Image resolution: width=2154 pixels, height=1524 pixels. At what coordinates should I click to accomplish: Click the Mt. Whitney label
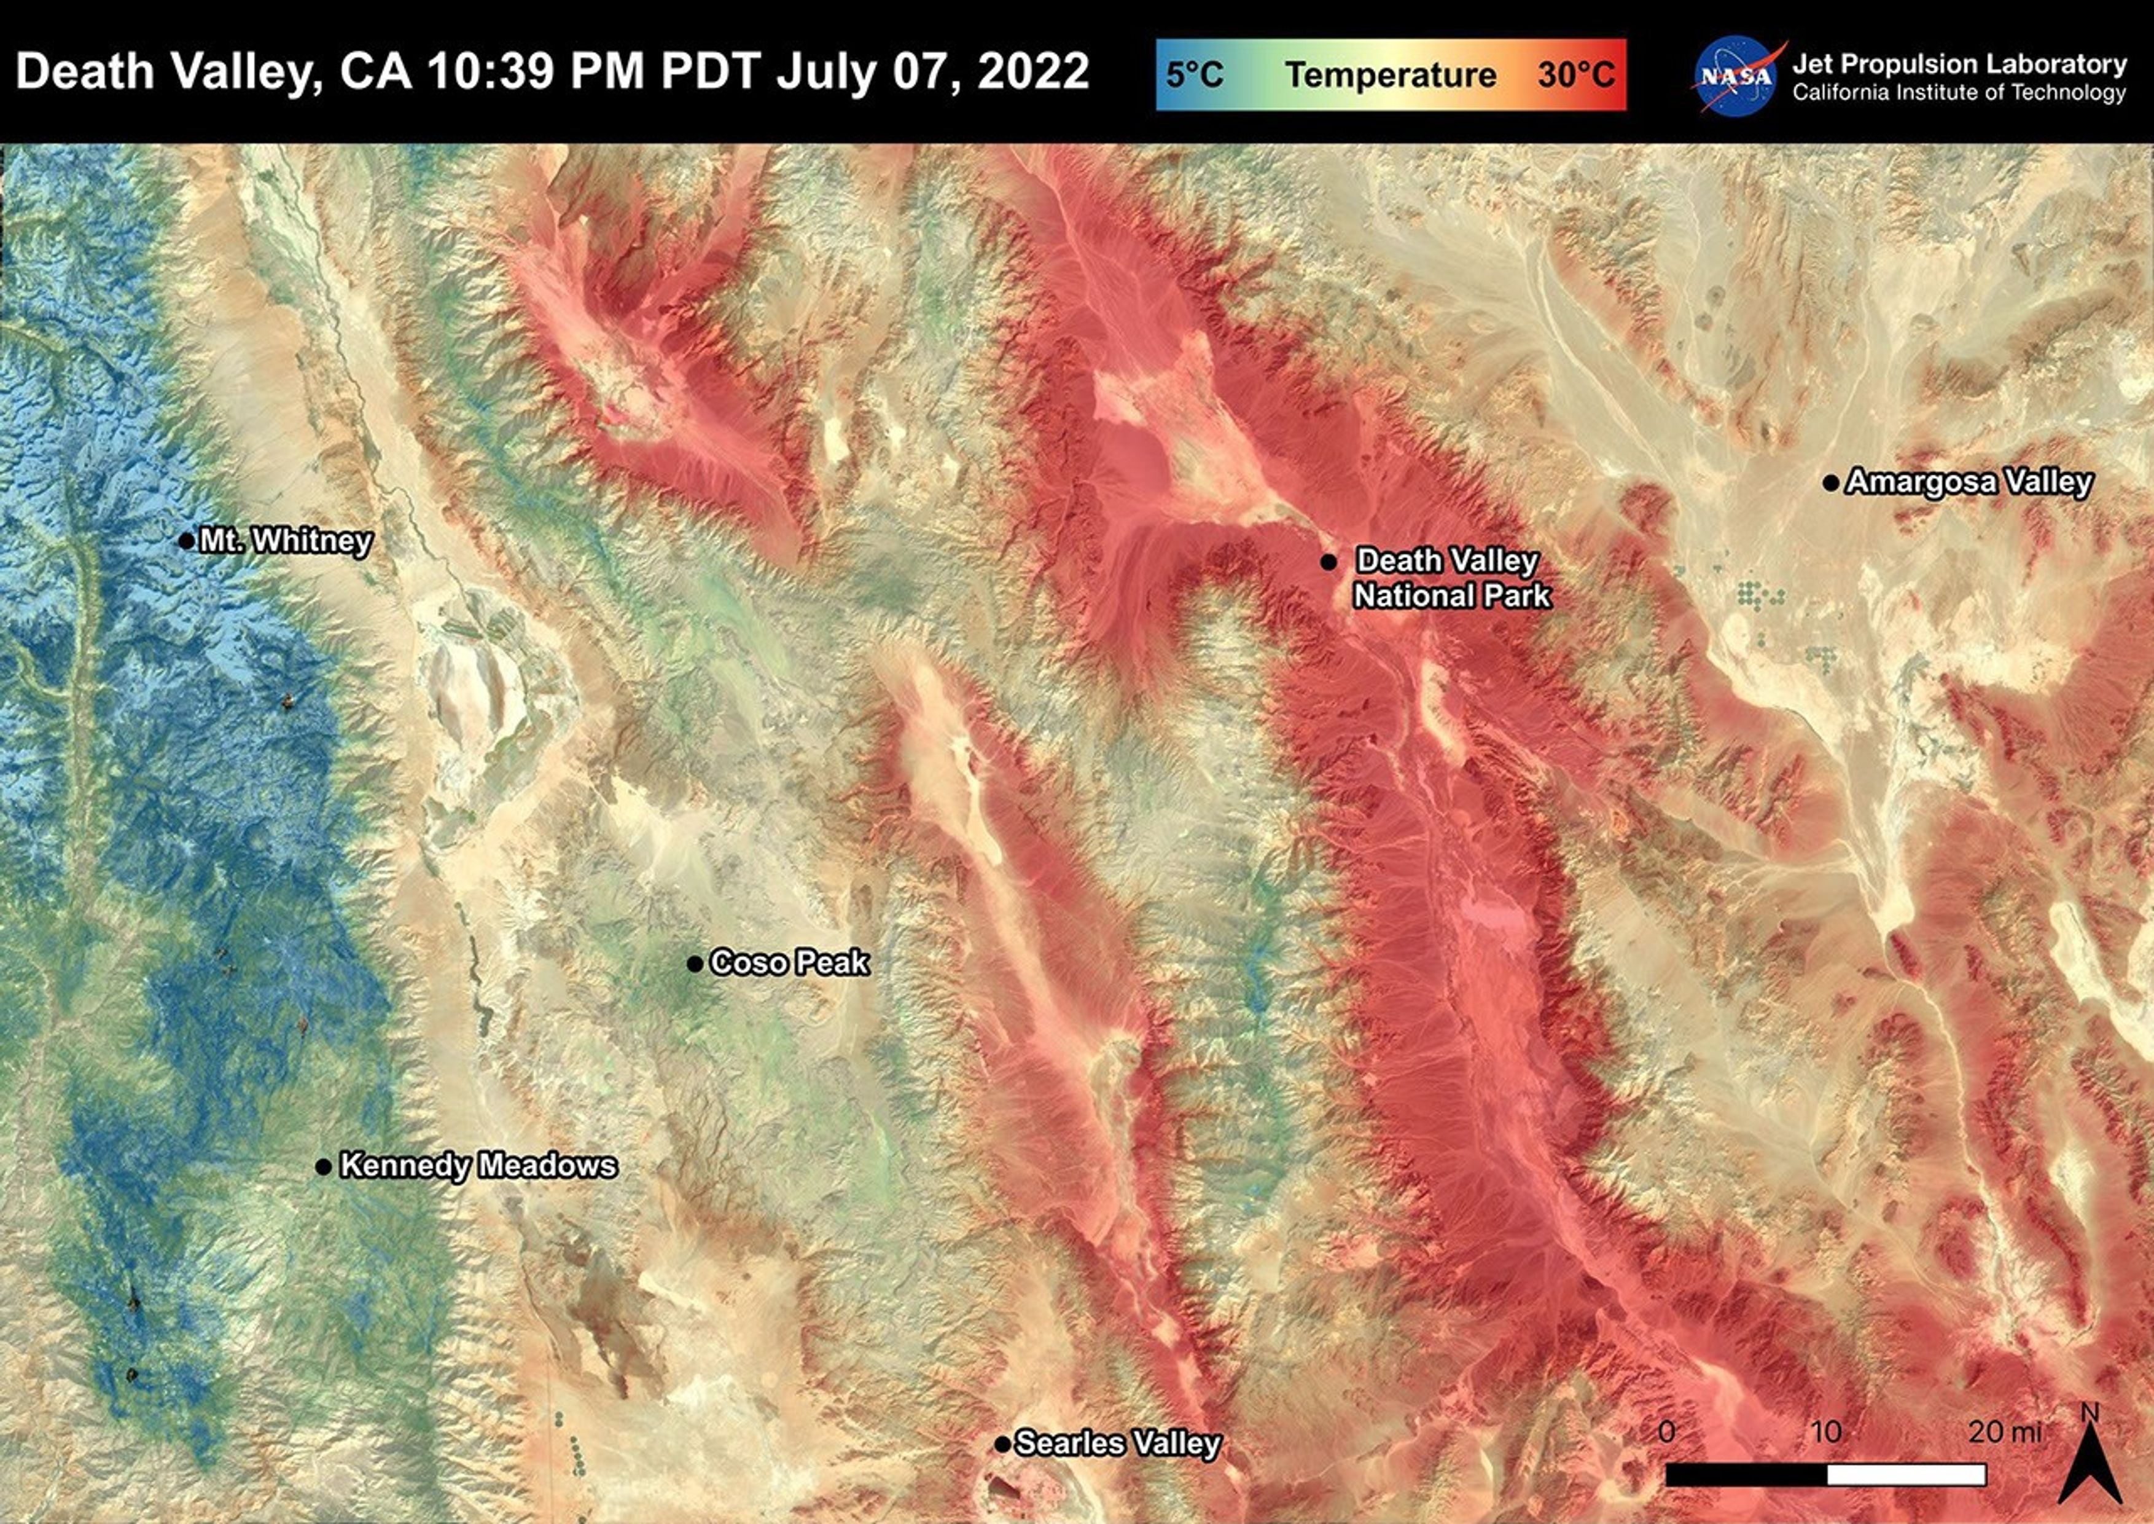coord(286,541)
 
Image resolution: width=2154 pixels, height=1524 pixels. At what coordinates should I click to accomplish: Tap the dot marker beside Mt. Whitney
coord(185,541)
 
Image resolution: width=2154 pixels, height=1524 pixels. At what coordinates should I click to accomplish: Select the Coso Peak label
coord(790,963)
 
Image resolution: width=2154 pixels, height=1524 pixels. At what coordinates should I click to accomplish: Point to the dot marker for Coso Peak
coord(694,964)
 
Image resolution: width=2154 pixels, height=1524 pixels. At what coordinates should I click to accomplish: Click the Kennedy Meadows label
coord(478,1166)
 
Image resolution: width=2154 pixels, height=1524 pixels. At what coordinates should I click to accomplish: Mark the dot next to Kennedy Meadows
coord(322,1166)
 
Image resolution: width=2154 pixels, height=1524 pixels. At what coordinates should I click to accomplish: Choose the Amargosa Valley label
coord(1969,482)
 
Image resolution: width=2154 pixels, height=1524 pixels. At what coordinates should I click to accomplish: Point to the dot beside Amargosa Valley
coord(1830,483)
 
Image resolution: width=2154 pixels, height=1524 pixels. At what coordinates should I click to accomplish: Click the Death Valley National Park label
coord(1450,578)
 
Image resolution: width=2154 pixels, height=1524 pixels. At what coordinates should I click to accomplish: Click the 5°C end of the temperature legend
coord(1194,75)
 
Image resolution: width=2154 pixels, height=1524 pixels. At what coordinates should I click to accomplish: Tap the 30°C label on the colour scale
coord(1576,75)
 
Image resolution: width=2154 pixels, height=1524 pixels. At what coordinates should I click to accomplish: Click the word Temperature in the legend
coord(1391,75)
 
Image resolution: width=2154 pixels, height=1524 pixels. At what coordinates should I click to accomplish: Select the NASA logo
coord(1736,77)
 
